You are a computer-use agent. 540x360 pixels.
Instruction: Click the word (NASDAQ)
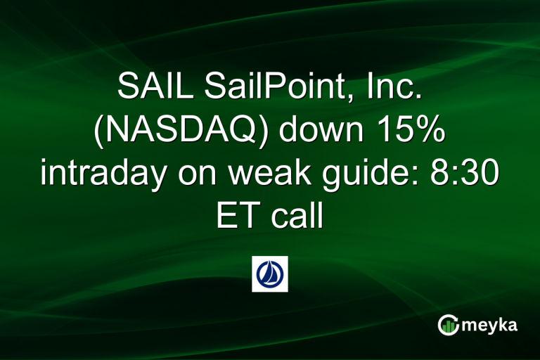tap(186, 132)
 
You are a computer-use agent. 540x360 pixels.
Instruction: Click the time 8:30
tap(456, 174)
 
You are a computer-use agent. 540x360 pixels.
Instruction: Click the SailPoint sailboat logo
tap(270, 274)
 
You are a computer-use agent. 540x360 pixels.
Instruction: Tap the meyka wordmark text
tap(492, 326)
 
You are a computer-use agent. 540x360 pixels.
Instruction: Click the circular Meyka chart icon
tap(448, 325)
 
